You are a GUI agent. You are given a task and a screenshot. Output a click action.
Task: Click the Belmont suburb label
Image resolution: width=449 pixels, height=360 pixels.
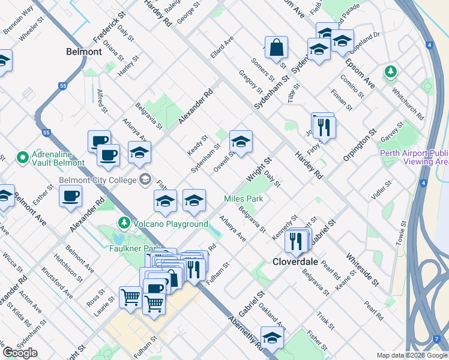[x=83, y=52]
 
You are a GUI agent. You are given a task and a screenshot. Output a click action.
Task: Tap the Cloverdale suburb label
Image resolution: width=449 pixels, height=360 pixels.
[x=295, y=262]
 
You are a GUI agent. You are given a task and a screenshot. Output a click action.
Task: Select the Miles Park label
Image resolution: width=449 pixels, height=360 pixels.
[x=244, y=198]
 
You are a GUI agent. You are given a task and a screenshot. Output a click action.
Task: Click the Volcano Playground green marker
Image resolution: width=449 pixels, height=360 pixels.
[x=124, y=223]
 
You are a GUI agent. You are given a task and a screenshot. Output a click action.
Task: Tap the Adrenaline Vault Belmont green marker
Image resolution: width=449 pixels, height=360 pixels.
[x=23, y=158]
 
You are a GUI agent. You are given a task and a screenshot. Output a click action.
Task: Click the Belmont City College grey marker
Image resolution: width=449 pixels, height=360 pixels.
[x=145, y=179]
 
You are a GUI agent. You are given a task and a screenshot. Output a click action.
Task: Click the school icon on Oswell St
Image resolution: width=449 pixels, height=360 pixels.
[x=241, y=142]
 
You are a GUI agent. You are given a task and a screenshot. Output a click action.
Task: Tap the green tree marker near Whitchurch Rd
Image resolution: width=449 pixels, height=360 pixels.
[x=391, y=73]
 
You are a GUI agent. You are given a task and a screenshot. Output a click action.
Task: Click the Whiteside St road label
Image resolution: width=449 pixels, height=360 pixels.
[x=362, y=268]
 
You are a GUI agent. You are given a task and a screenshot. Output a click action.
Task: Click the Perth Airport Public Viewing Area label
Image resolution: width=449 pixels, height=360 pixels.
[x=415, y=157]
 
